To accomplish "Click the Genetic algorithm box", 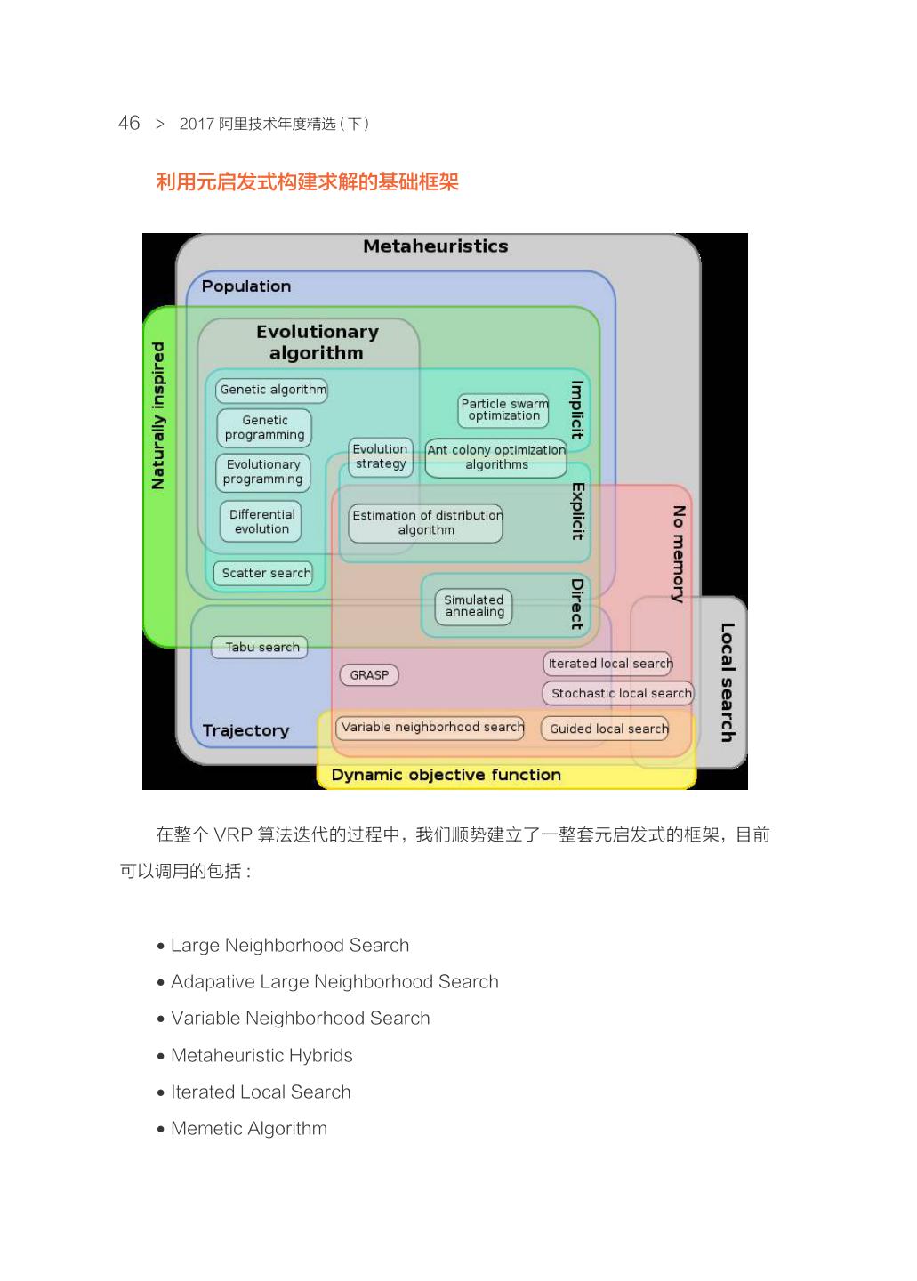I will pos(272,390).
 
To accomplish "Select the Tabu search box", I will pos(260,648).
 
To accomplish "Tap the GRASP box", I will pos(369,675).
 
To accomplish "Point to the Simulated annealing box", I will pos(474,606).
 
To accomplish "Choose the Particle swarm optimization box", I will pos(503,409).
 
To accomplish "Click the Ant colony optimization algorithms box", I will pos(495,457).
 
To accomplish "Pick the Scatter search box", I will pos(266,573).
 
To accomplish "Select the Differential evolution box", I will pos(261,521).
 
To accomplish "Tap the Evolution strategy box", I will pos(380,456).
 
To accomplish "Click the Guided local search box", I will pos(608,729).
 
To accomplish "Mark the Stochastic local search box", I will pos(620,693).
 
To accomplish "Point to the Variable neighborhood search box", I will pos(432,727).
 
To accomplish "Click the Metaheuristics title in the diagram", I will pos(435,246).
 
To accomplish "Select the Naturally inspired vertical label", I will pos(158,415).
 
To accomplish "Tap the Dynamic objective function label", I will pos(446,775).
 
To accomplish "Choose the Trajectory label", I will pos(245,730).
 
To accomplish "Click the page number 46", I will pos(129,123).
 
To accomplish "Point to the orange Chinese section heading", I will pos(307,182).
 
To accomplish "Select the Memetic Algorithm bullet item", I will pos(248,1128).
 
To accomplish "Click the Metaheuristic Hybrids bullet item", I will pos(261,1055).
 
